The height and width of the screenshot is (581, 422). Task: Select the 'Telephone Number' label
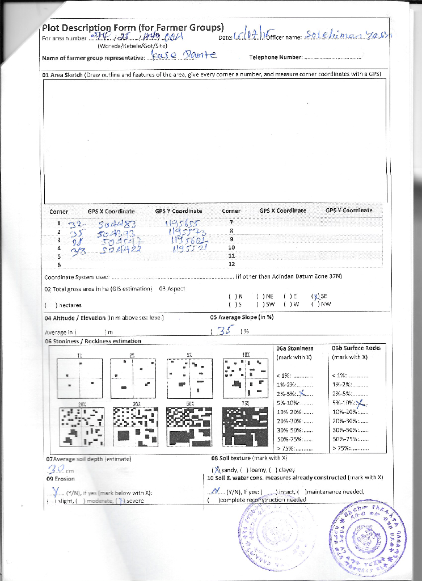(275, 57)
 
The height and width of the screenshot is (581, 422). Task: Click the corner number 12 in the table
(231, 264)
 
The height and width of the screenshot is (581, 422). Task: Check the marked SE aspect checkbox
(314, 296)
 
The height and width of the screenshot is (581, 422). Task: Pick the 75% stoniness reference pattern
(245, 424)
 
